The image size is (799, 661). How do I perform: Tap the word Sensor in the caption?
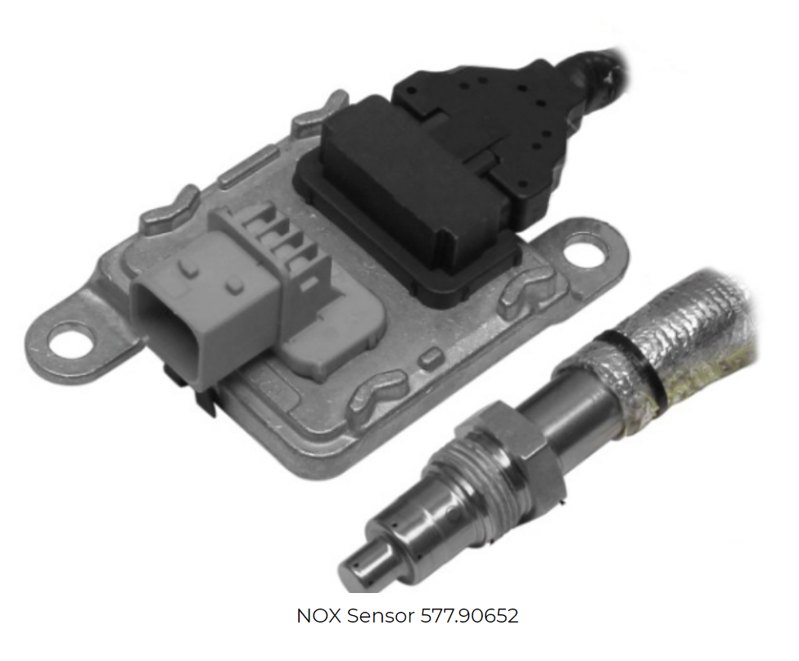[381, 616]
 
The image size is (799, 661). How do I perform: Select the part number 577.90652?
[469, 616]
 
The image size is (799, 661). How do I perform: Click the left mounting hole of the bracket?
[72, 337]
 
